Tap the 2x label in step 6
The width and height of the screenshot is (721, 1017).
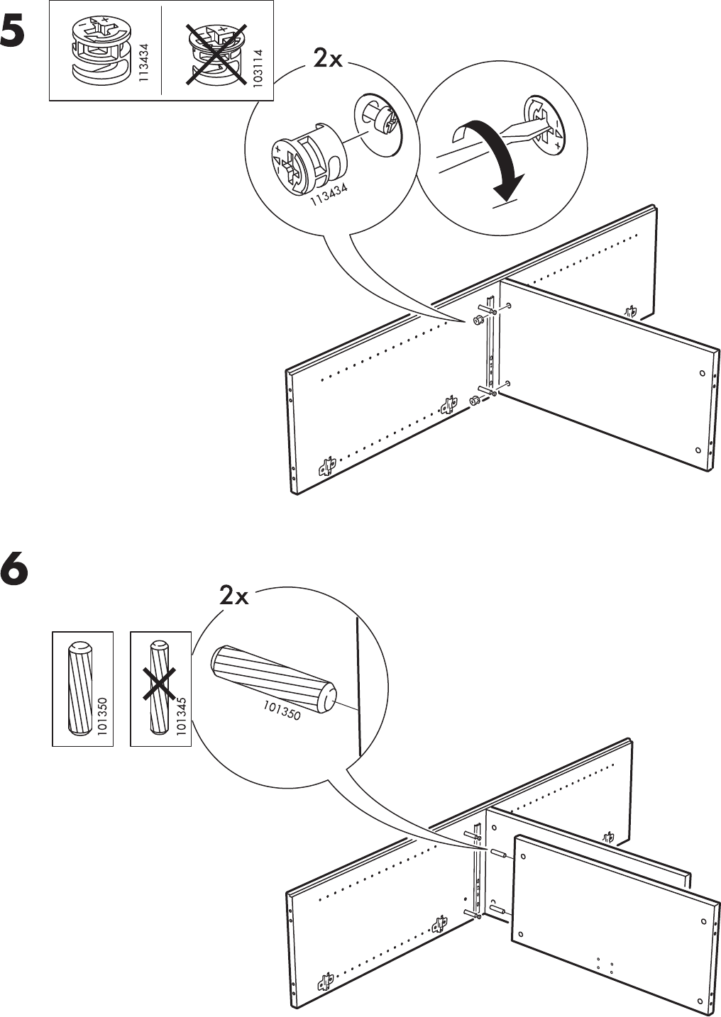pyautogui.click(x=234, y=596)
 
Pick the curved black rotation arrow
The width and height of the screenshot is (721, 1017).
pyautogui.click(x=497, y=156)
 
